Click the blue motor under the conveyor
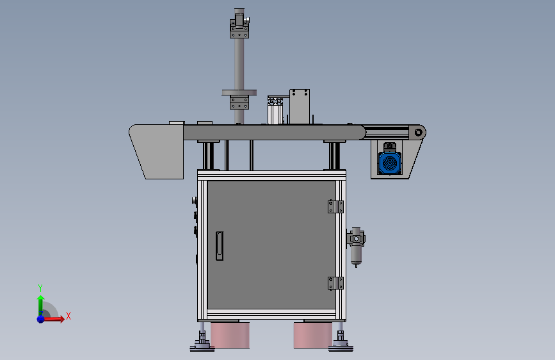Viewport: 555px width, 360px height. pos(390,162)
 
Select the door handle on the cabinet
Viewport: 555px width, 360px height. pos(220,246)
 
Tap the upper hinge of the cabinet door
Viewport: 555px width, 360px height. pos(335,206)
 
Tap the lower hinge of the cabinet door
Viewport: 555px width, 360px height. pos(335,283)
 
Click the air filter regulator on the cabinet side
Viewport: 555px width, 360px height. pos(356,246)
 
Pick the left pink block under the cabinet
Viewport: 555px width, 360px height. pos(230,335)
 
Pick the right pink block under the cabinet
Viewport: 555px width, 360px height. pos(313,335)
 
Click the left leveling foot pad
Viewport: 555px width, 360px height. pos(202,348)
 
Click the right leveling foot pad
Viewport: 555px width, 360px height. pos(341,348)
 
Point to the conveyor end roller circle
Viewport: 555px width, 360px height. pos(419,133)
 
